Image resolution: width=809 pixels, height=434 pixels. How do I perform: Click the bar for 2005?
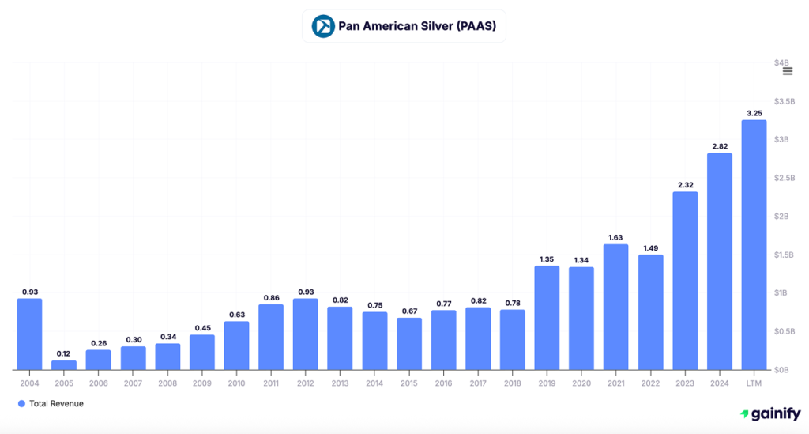64,365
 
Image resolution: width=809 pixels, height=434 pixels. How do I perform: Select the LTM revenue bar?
754,245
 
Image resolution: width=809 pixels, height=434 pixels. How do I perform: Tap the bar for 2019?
547,318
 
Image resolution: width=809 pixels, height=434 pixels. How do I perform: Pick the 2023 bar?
685,281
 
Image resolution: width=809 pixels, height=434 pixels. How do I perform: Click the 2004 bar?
29,334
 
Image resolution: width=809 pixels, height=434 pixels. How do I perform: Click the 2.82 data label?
719,146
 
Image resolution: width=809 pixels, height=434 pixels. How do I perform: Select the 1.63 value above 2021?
615,237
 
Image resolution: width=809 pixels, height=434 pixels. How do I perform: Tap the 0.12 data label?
64,353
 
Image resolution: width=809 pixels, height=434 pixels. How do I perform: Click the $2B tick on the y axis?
781,217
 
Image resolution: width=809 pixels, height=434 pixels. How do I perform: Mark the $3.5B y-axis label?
783,101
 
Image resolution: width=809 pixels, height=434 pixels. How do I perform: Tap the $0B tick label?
781,370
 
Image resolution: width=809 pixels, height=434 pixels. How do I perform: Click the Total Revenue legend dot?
21,404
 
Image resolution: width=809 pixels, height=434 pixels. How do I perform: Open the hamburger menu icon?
787,71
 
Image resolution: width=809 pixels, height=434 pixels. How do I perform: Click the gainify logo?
770,414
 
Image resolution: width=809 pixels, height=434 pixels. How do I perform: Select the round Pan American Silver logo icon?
322,26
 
